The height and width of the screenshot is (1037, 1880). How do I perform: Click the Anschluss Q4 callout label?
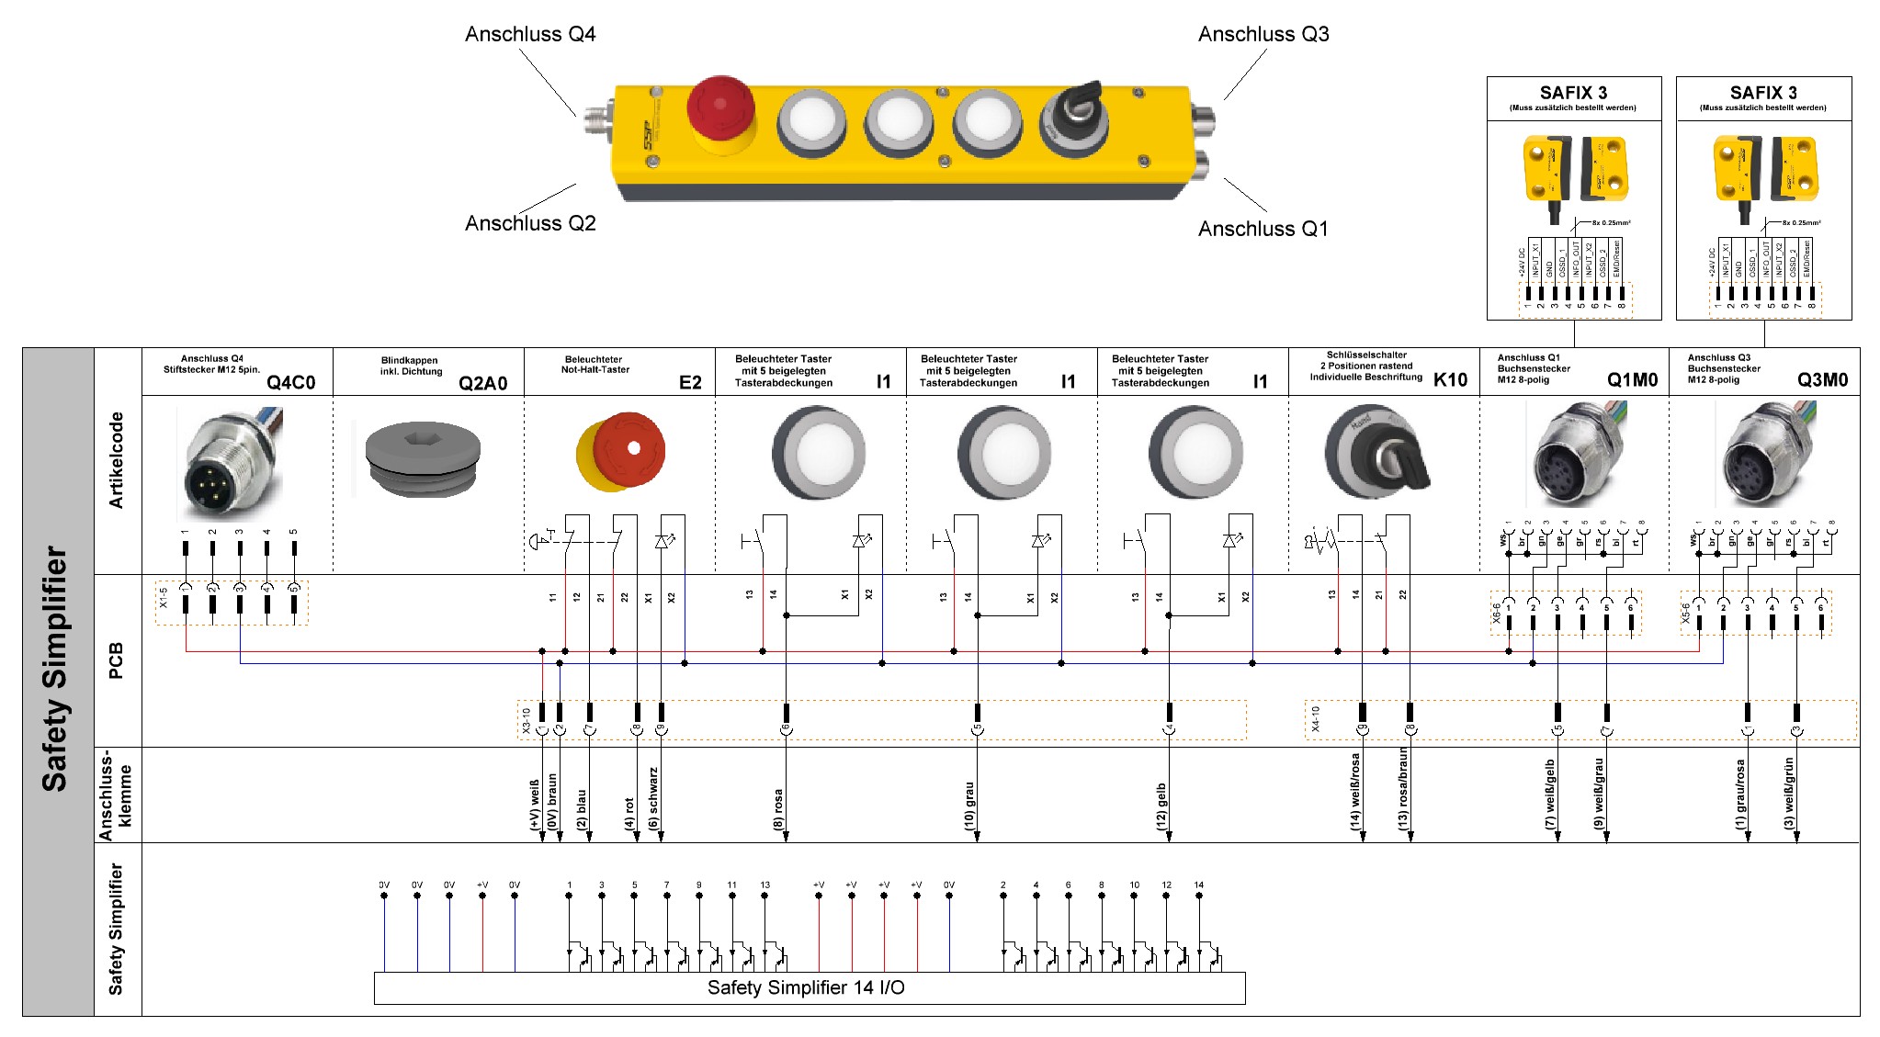(x=530, y=35)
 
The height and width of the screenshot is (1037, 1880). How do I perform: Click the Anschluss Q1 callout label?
(x=1263, y=229)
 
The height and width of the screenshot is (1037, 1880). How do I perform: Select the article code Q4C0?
(x=290, y=383)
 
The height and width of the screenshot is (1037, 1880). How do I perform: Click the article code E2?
(x=690, y=383)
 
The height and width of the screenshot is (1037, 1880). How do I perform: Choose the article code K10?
(x=1450, y=380)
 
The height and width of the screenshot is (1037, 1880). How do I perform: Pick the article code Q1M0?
(x=1632, y=380)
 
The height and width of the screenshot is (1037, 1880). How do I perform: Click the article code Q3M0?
(x=1822, y=380)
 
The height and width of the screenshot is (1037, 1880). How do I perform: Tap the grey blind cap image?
(x=423, y=459)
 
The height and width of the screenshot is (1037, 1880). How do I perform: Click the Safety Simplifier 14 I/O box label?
(x=806, y=988)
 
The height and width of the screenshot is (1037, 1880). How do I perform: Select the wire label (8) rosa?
(x=778, y=809)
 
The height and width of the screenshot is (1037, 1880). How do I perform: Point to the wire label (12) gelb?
(x=1161, y=807)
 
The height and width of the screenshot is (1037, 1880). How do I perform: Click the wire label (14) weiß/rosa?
(x=1354, y=793)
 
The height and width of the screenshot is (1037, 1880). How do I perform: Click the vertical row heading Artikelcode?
(x=117, y=460)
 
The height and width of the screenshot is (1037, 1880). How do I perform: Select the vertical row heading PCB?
(x=117, y=661)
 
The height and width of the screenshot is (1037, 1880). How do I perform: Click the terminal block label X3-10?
(x=527, y=721)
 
